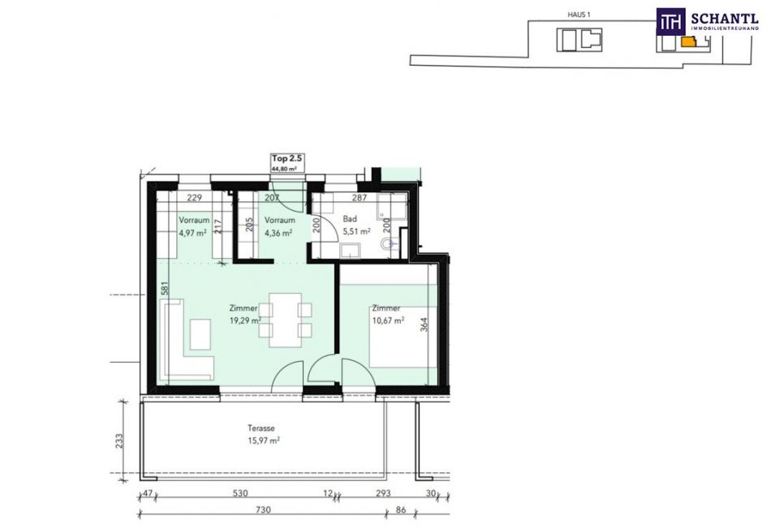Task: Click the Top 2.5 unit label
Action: point(287,159)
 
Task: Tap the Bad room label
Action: point(350,219)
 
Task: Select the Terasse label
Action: point(261,428)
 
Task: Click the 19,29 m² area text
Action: point(245,320)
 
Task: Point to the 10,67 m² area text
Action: point(388,320)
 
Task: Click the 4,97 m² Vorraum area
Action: point(192,233)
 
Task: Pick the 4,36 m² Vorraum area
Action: point(278,233)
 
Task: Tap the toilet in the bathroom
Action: point(391,243)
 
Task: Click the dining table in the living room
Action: point(285,320)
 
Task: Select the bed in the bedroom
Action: point(403,337)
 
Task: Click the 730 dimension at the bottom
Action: point(264,510)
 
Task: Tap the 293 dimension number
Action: point(383,493)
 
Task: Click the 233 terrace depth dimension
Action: point(119,441)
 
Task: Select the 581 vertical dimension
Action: point(166,287)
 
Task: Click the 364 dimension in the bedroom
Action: point(424,325)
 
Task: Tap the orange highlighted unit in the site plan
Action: point(688,41)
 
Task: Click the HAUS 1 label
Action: point(579,15)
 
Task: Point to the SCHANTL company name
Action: point(725,19)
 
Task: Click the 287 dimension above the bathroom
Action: point(360,198)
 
